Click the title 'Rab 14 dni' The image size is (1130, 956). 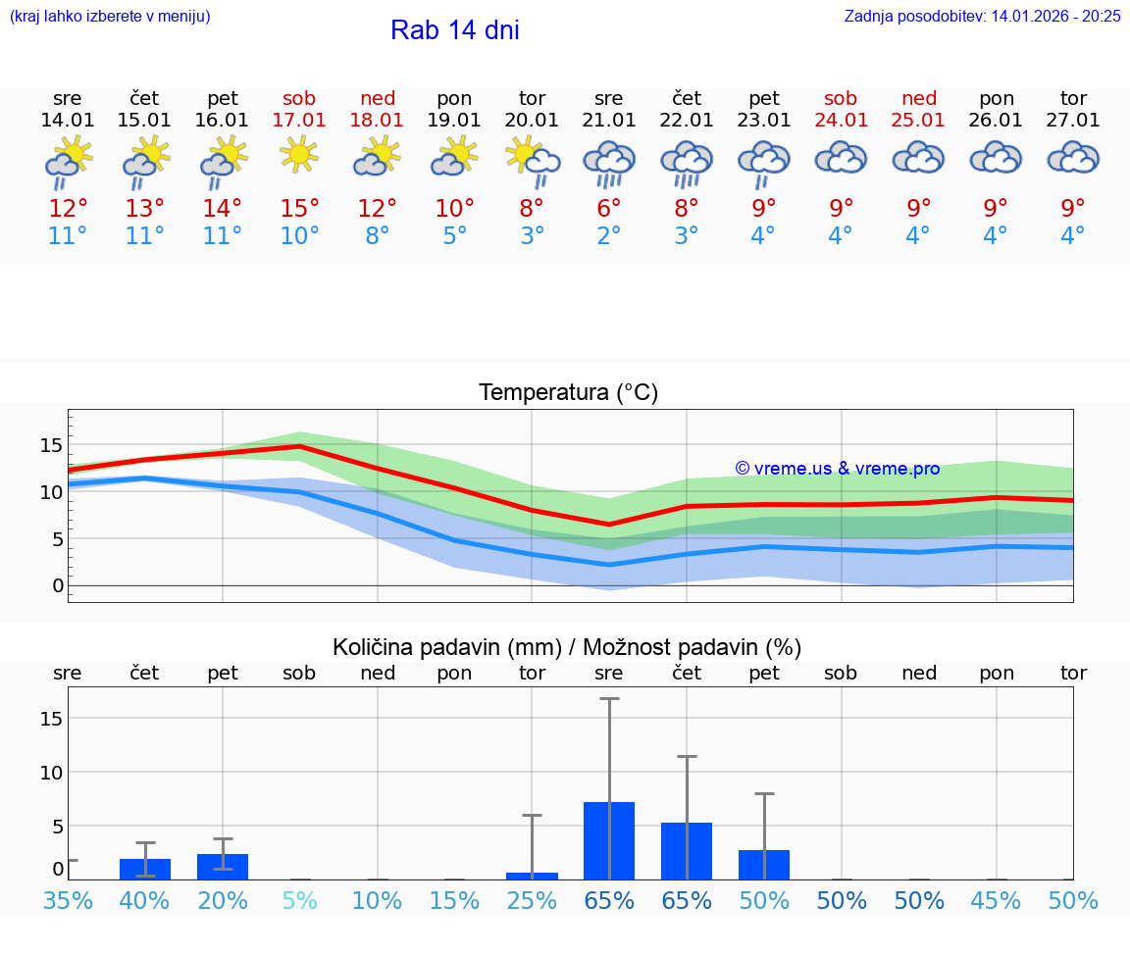[x=454, y=30]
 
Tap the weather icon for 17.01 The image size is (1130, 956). [x=299, y=155]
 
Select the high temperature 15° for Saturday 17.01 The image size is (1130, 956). [x=299, y=209]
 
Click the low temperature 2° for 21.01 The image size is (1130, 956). [x=609, y=236]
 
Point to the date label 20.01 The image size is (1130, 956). [x=532, y=121]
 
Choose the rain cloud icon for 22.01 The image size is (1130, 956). [x=687, y=161]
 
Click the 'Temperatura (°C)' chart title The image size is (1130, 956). [x=568, y=393]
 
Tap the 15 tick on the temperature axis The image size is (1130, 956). [x=51, y=445]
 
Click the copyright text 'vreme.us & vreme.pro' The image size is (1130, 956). [x=838, y=469]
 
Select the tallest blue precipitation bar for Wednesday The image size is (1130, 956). [x=609, y=840]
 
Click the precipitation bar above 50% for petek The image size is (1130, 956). [x=764, y=864]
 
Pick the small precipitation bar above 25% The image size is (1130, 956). [x=532, y=876]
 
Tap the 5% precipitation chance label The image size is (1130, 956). [x=299, y=900]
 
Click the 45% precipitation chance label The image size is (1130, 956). [x=997, y=900]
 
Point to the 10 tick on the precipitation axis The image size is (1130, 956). [x=51, y=772]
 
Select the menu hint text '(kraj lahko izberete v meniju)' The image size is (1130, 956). [x=110, y=16]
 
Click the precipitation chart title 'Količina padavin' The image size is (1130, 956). [x=567, y=647]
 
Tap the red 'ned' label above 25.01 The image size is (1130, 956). [x=919, y=98]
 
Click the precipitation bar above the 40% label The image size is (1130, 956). [x=145, y=869]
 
